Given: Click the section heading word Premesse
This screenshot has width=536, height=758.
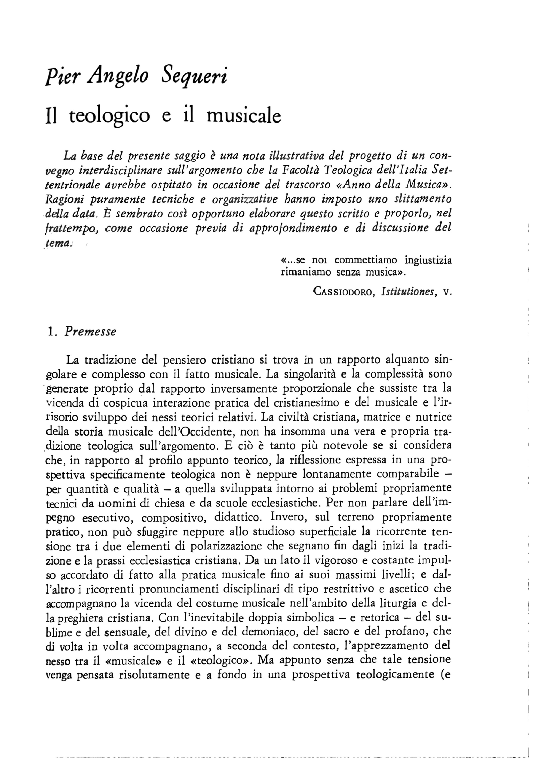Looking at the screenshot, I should point(90,332).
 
